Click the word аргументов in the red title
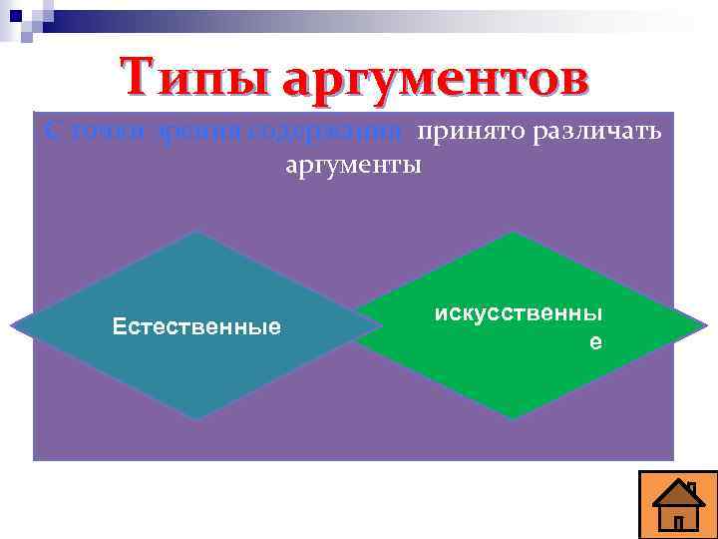[x=435, y=78]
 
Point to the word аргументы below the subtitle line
[x=353, y=164]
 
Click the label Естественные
[x=196, y=326]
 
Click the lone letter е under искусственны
[x=595, y=340]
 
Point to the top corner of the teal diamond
[x=197, y=234]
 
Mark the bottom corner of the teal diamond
[x=197, y=417]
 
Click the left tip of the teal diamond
[x=15, y=325]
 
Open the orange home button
[x=678, y=504]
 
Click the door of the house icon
[x=678, y=521]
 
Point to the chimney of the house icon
[x=692, y=488]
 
